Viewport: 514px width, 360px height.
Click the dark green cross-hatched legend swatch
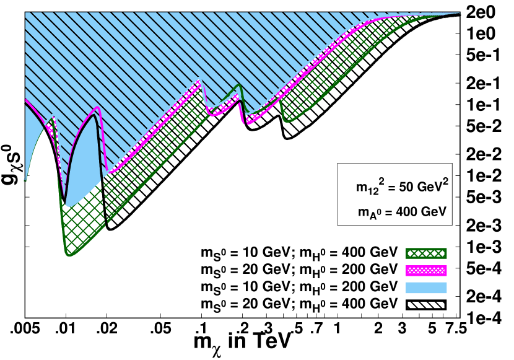tap(426, 253)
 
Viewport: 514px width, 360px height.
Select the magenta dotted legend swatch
tap(426, 271)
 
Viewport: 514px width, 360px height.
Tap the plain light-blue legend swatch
tap(426, 288)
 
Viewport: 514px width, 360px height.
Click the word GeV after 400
tap(434, 213)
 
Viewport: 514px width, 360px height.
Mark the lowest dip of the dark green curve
tap(69, 255)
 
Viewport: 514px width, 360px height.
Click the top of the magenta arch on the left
tap(97, 108)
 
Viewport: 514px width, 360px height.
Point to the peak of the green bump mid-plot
tap(238, 86)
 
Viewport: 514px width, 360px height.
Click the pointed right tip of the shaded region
tap(460, 13)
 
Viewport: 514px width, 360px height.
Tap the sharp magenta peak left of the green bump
tap(199, 79)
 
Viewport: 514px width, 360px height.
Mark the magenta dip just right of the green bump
tap(249, 123)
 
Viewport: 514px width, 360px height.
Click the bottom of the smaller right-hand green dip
tap(287, 121)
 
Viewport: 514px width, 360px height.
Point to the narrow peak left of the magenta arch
tap(54, 116)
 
